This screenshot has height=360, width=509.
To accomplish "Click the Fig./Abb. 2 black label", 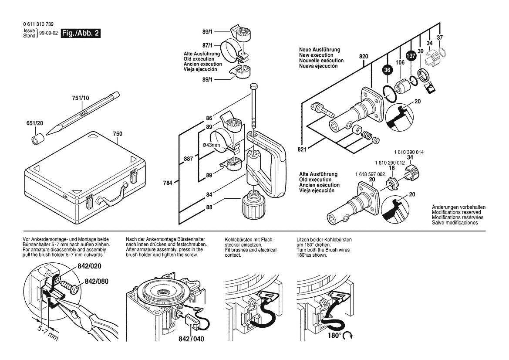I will click(81, 34).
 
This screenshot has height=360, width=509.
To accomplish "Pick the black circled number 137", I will click(410, 56).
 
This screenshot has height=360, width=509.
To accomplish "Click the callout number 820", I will click(364, 56).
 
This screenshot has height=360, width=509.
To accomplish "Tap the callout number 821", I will click(302, 149).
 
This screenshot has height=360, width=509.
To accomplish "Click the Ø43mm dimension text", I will click(211, 145).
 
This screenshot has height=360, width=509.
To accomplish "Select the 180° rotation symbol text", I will click(334, 336).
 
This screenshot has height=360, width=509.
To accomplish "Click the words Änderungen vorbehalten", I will click(458, 207).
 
